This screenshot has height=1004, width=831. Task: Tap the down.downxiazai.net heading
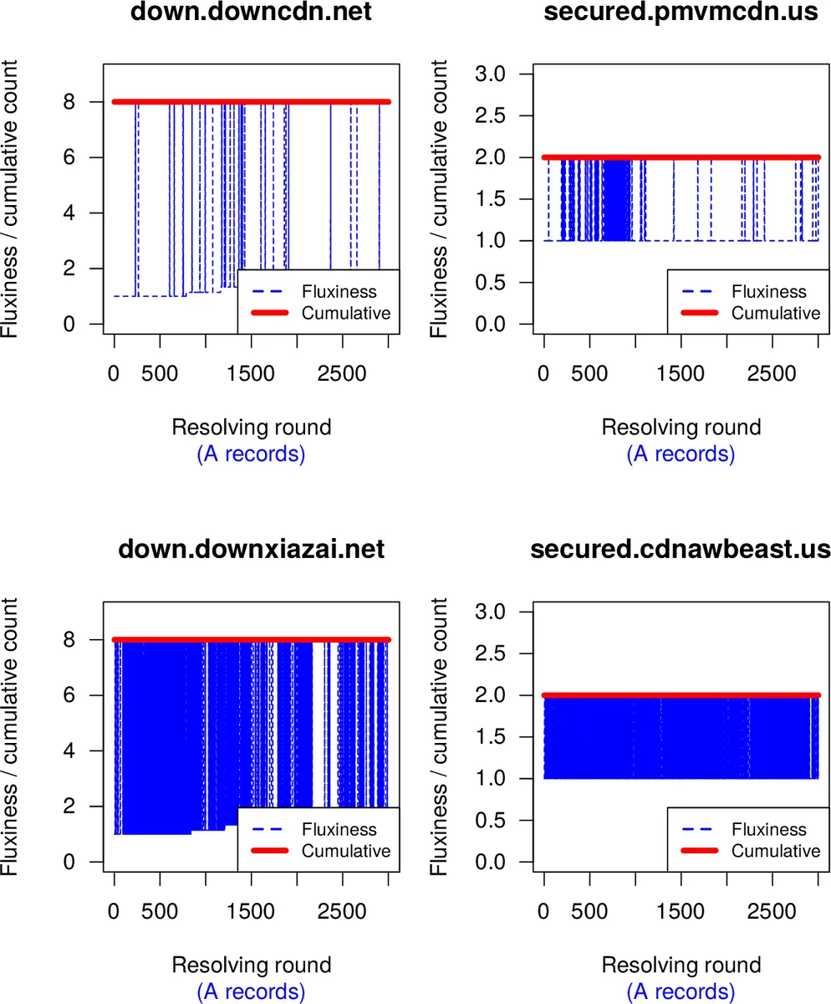click(x=252, y=550)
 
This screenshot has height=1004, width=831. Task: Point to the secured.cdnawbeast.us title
click(x=681, y=550)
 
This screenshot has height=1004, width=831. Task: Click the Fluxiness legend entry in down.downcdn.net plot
click(x=339, y=292)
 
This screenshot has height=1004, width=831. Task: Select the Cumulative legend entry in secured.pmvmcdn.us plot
click(x=776, y=313)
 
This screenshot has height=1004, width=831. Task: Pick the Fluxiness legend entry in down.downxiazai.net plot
click(x=339, y=829)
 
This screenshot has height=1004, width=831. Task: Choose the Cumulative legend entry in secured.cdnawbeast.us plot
click(x=776, y=850)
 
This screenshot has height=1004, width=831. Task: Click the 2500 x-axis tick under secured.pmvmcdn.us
click(x=772, y=373)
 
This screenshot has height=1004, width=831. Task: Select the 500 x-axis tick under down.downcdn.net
click(x=160, y=373)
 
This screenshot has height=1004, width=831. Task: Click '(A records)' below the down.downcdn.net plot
click(x=252, y=454)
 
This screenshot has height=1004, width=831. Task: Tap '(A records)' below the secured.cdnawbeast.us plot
click(x=681, y=991)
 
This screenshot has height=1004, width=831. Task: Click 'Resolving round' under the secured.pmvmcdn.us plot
click(x=681, y=428)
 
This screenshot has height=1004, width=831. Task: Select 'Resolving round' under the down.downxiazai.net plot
click(x=252, y=965)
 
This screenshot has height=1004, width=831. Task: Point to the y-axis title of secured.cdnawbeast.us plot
click(x=441, y=736)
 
